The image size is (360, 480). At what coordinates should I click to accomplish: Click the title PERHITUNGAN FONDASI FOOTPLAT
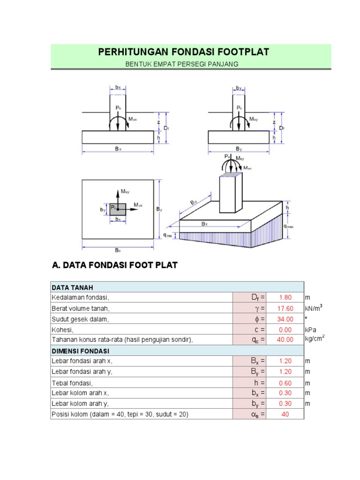[184, 52]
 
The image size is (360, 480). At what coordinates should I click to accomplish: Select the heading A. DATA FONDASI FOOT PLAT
[114, 265]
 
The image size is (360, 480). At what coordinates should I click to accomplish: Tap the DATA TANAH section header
[72, 287]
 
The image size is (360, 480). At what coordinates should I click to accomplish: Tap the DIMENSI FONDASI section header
[80, 351]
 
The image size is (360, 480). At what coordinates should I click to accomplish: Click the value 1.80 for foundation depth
[285, 297]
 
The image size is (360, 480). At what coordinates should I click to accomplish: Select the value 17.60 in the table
[285, 308]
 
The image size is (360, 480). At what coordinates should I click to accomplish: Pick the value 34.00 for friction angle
[285, 319]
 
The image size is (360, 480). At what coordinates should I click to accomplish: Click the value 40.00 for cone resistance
[285, 340]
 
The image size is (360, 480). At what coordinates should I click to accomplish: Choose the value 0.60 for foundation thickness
[285, 382]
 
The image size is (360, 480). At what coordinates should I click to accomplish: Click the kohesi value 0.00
[285, 330]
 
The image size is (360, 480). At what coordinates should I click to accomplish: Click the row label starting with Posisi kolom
[120, 414]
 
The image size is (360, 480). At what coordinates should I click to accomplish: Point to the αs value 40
[285, 414]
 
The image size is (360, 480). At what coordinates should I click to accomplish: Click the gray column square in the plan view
[118, 209]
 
